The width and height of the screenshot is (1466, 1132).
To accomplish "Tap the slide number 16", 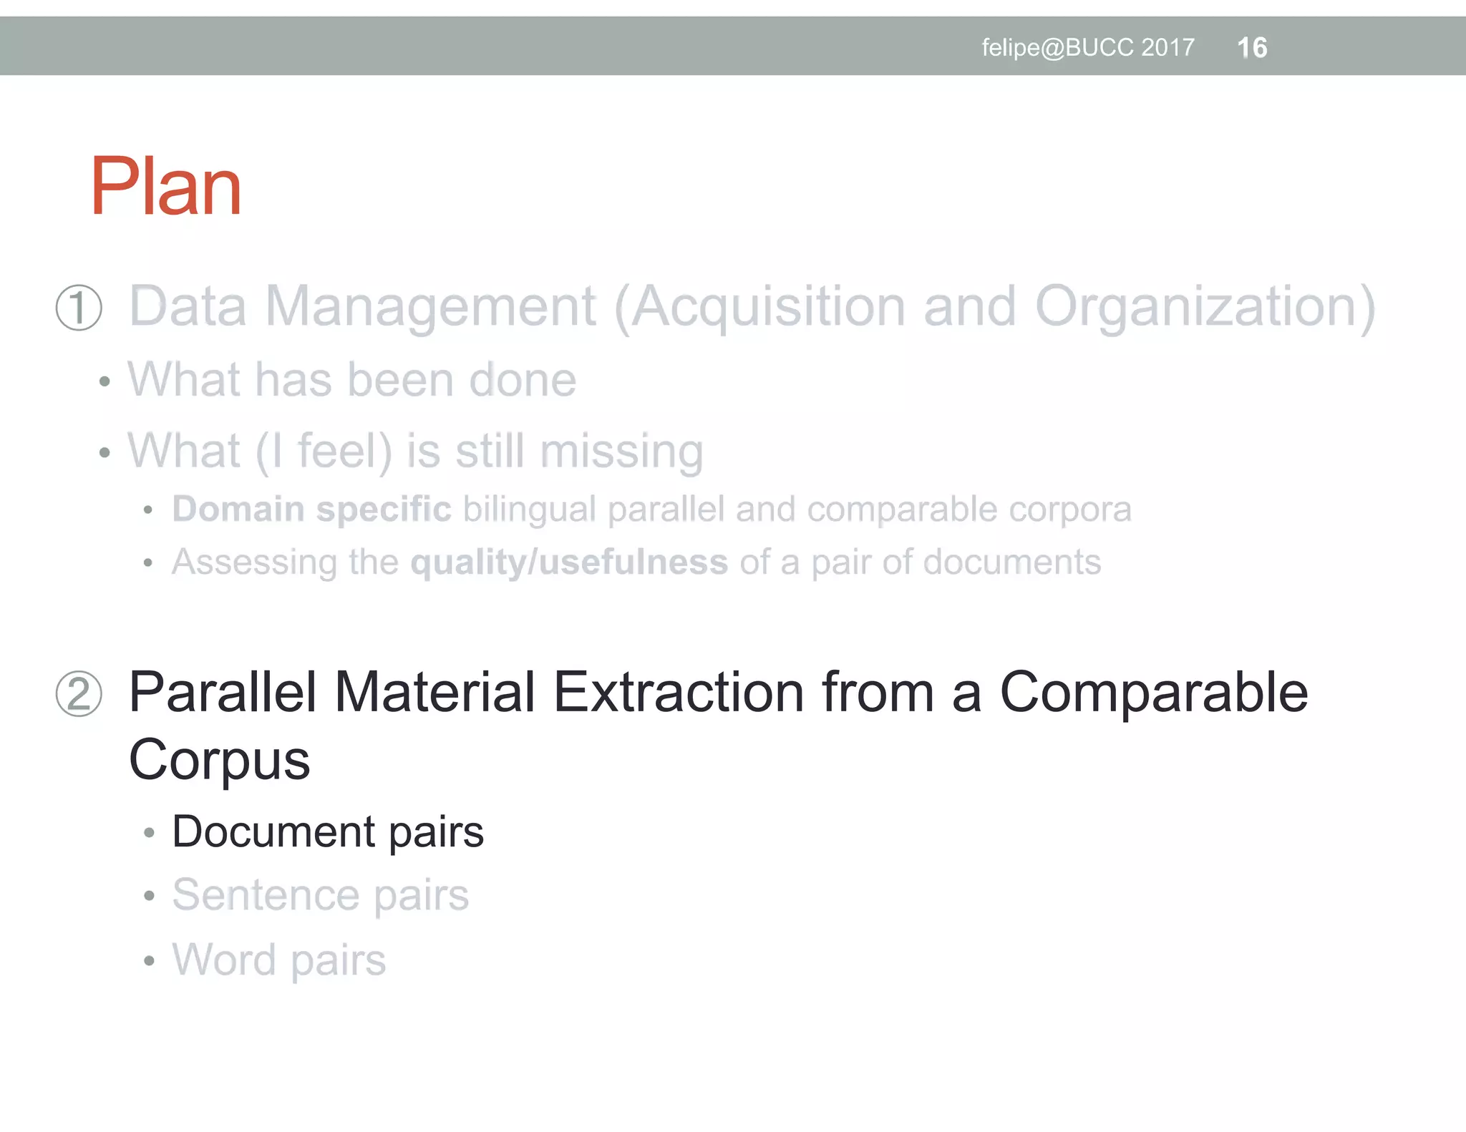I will [x=1252, y=48].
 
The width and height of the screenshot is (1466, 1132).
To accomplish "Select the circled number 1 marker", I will [x=79, y=308].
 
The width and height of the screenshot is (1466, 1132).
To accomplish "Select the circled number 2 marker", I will [x=79, y=693].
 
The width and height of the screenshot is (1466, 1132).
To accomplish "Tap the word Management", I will [x=430, y=307].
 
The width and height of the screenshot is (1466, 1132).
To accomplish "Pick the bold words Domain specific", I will [x=312, y=509].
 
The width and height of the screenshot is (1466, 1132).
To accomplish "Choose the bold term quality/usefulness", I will [x=569, y=562].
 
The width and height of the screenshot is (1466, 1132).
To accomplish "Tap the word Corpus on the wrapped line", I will [x=219, y=760].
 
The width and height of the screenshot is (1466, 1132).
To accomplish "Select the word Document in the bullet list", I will [x=273, y=832].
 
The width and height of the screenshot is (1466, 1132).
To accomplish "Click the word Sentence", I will [x=266, y=895].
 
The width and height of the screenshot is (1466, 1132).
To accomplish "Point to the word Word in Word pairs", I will [x=224, y=960].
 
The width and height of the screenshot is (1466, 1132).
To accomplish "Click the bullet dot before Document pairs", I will [x=149, y=833].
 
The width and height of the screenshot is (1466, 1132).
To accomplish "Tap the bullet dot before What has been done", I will [x=105, y=381].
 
